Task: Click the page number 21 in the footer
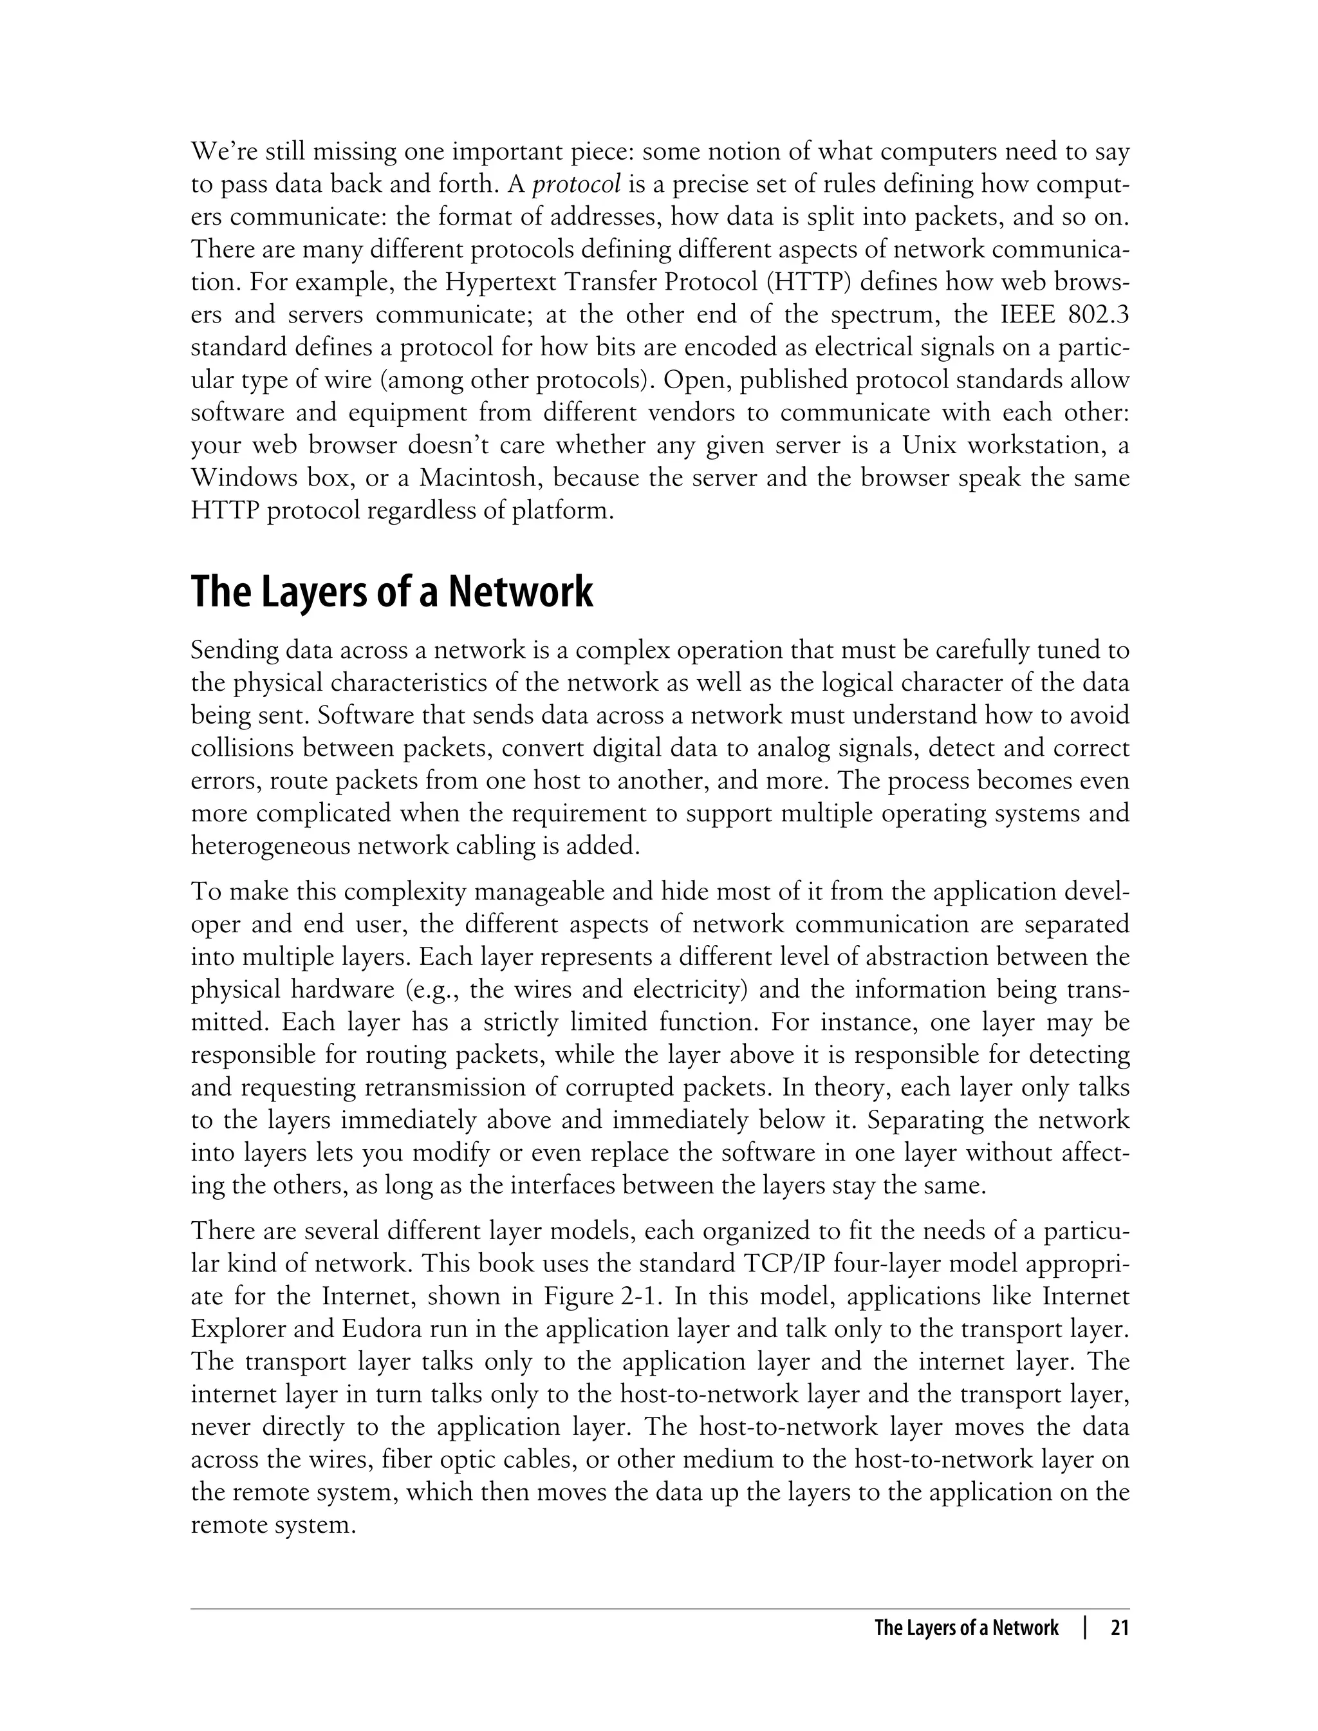tap(1120, 1629)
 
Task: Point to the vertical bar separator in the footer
tap(1085, 1629)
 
